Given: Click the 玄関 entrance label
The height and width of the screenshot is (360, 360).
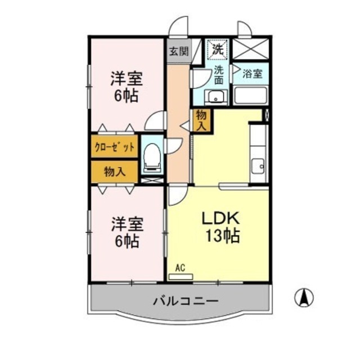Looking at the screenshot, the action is pyautogui.click(x=179, y=51).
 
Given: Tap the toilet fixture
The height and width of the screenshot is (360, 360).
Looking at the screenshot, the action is pyautogui.click(x=151, y=157).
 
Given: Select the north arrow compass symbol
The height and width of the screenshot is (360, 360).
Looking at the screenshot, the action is pyautogui.click(x=304, y=298).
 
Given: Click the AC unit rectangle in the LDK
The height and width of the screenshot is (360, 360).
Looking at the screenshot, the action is pyautogui.click(x=181, y=277).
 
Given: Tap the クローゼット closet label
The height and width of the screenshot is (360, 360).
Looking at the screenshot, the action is pyautogui.click(x=114, y=147).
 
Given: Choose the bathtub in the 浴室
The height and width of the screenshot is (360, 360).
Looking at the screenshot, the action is pyautogui.click(x=250, y=96).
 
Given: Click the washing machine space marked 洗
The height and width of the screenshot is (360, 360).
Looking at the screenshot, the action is pyautogui.click(x=217, y=49).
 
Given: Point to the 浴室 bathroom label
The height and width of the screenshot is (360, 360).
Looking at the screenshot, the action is pyautogui.click(x=253, y=74).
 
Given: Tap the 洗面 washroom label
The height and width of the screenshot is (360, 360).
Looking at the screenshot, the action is pyautogui.click(x=219, y=75).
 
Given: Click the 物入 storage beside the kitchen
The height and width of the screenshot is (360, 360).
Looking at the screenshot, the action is pyautogui.click(x=201, y=120).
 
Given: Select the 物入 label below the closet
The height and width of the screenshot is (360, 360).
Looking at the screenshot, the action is pyautogui.click(x=114, y=172).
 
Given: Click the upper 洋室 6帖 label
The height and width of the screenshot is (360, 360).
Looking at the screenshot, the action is pyautogui.click(x=126, y=87).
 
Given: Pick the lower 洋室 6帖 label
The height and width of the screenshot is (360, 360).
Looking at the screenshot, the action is pyautogui.click(x=127, y=232).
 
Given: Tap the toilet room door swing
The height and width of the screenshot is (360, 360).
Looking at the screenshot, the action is pyautogui.click(x=173, y=146).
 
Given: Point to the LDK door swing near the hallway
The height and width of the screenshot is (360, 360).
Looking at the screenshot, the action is pyautogui.click(x=177, y=195).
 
